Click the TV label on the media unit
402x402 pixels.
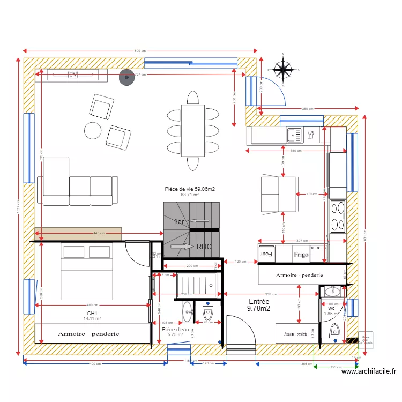(x=73, y=75)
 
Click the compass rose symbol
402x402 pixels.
(x=282, y=69)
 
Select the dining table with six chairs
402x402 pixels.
(x=192, y=130)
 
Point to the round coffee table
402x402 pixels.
(x=93, y=130)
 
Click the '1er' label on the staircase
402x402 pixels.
(x=178, y=221)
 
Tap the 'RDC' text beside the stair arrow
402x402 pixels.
(x=204, y=247)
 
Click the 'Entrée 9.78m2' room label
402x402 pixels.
(x=258, y=305)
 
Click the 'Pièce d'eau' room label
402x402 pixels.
(x=175, y=330)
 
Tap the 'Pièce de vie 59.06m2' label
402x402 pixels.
(x=190, y=189)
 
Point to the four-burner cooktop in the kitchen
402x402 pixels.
(x=338, y=215)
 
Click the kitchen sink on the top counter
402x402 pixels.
(x=294, y=135)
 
